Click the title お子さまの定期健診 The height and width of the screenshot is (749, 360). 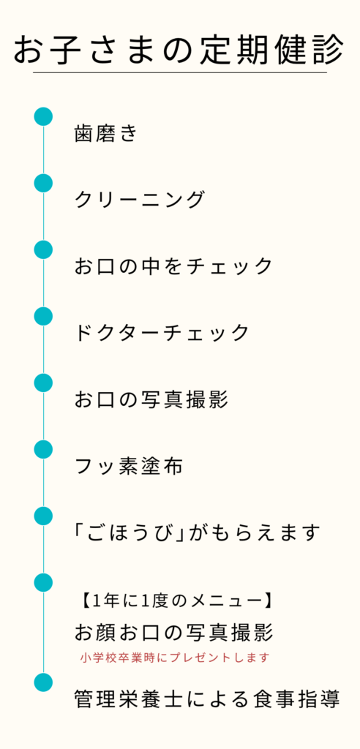[179, 50]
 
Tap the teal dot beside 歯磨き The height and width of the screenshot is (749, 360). [43, 117]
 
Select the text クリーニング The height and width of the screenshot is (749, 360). [140, 200]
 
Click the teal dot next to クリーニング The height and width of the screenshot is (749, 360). [43, 184]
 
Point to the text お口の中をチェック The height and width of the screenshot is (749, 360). [173, 266]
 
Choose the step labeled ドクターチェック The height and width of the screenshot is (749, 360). [162, 333]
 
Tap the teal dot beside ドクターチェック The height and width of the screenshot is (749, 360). [43, 316]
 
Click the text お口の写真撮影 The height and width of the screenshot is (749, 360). [151, 399]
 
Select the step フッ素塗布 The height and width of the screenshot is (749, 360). [129, 466]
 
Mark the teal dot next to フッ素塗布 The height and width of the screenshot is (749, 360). [43, 450]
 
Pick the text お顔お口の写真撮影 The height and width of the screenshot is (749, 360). [173, 633]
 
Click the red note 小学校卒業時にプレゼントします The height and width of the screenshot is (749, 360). [174, 658]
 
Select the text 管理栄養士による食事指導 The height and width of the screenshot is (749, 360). [207, 699]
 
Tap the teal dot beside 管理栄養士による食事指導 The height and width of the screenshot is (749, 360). [43, 682]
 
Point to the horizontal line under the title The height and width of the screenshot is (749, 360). [180, 72]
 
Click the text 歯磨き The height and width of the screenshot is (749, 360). [105, 133]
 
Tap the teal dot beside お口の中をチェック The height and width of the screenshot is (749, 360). [43, 250]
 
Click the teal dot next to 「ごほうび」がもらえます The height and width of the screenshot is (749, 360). [43, 516]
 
